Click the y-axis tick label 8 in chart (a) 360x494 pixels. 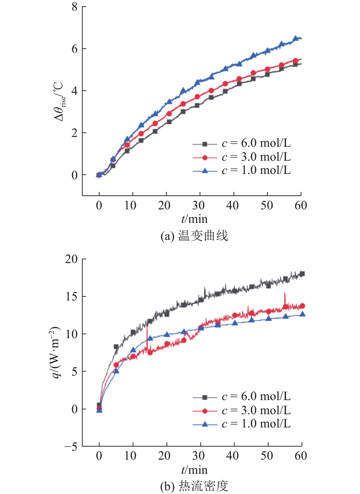pos(74,7)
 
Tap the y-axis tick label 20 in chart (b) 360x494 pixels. pos(72,259)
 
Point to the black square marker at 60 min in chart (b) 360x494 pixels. pos(302,274)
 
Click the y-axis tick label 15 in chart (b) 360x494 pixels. pos(72,296)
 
